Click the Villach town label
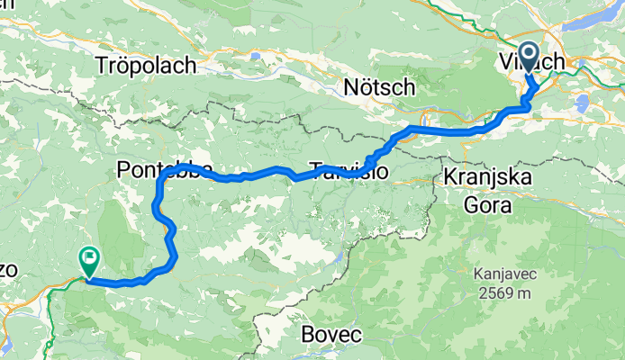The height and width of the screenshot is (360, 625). coord(531,62)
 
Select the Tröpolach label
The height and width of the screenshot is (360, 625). coord(146,65)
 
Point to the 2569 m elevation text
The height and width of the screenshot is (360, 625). coord(506,292)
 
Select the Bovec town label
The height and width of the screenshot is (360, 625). coord(332,335)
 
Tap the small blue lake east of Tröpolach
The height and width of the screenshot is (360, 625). coord(257,56)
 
